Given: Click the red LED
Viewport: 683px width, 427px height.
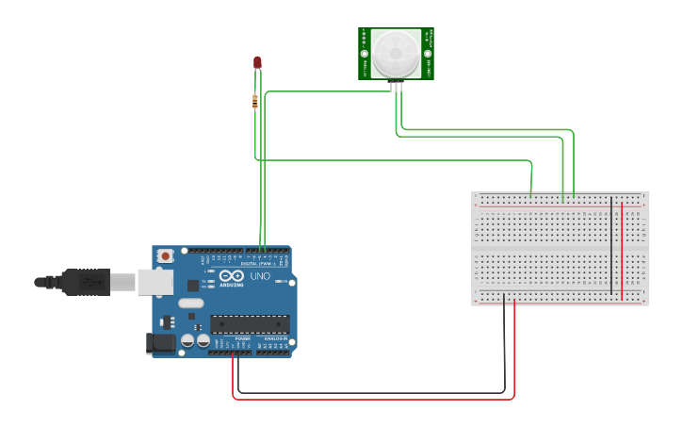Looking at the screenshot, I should tap(257, 62).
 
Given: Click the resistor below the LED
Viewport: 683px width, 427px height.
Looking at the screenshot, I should tap(255, 101).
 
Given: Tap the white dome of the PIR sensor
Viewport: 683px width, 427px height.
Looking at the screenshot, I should tap(396, 54).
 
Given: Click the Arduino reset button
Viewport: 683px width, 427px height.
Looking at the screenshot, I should tap(166, 255).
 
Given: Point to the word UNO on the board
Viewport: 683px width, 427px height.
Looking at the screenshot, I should tap(259, 276).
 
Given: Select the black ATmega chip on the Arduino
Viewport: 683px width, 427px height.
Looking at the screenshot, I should tap(250, 323).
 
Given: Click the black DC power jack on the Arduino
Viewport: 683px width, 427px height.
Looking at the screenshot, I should tap(161, 343).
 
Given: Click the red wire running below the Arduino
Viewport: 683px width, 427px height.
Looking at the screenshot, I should tap(377, 399).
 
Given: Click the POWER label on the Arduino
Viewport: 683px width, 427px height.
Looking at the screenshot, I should tap(230, 338).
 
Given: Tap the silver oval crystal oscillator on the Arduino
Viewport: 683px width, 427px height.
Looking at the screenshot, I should tap(190, 304).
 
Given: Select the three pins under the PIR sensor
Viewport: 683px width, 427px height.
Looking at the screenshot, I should tap(398, 85).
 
